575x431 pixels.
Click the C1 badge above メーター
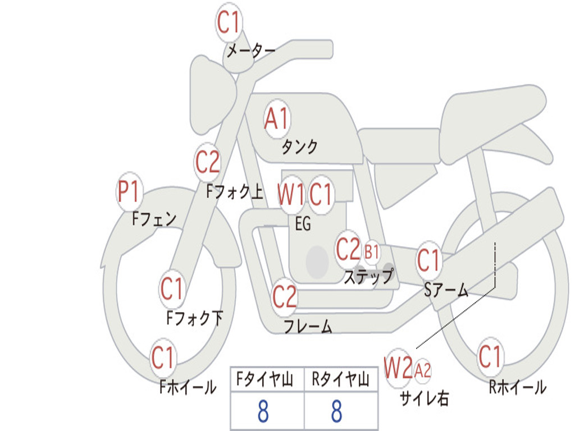click(x=229, y=23)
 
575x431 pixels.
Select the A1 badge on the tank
click(x=276, y=119)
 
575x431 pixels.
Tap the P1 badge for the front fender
click(x=129, y=192)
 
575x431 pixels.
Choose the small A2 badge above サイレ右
click(x=423, y=370)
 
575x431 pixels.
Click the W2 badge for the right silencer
click(x=398, y=369)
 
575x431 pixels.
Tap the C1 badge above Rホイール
click(x=490, y=356)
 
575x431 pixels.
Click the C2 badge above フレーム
click(x=285, y=296)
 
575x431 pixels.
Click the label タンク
click(x=299, y=147)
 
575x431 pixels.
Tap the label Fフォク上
click(x=234, y=192)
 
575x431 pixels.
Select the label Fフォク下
click(x=194, y=319)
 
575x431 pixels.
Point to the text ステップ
click(x=368, y=277)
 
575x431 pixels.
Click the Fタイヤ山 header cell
click(x=267, y=380)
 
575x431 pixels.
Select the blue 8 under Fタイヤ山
click(x=263, y=412)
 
